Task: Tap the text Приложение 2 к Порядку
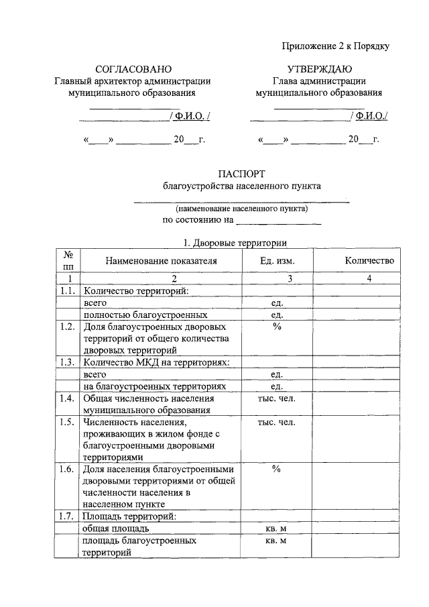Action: click(x=335, y=46)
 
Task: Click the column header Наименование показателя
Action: click(x=161, y=261)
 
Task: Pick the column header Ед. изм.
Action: click(x=276, y=261)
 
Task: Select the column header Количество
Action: click(x=369, y=261)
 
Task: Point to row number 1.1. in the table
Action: click(x=66, y=290)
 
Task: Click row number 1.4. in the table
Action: click(x=66, y=398)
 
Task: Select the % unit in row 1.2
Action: click(x=276, y=327)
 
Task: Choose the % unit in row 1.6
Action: click(x=276, y=469)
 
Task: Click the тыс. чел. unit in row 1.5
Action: click(x=276, y=422)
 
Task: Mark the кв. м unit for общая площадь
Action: click(x=276, y=529)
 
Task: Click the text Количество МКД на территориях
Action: click(x=156, y=363)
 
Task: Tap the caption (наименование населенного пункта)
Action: click(x=243, y=209)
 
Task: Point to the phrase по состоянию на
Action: click(x=198, y=220)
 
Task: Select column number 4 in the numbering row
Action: click(x=369, y=278)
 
